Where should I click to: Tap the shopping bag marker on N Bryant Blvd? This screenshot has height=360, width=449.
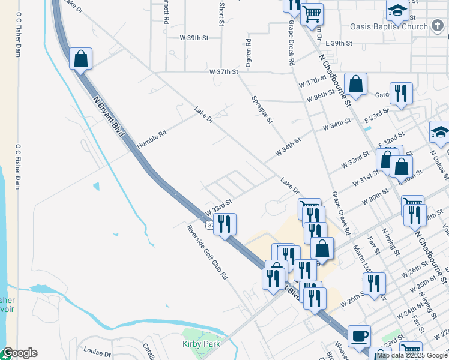point(81,59)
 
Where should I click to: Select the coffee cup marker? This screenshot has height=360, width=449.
point(359,336)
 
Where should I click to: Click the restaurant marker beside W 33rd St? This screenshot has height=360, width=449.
point(224,224)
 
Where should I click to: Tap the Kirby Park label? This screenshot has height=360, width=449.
point(201,344)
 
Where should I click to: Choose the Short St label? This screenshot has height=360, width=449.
point(221,14)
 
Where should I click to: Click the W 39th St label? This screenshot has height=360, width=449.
point(193,37)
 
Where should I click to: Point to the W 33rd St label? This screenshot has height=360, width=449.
point(218,208)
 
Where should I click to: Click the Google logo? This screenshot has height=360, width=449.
point(20,353)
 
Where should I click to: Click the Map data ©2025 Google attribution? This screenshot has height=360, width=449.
point(412,355)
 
